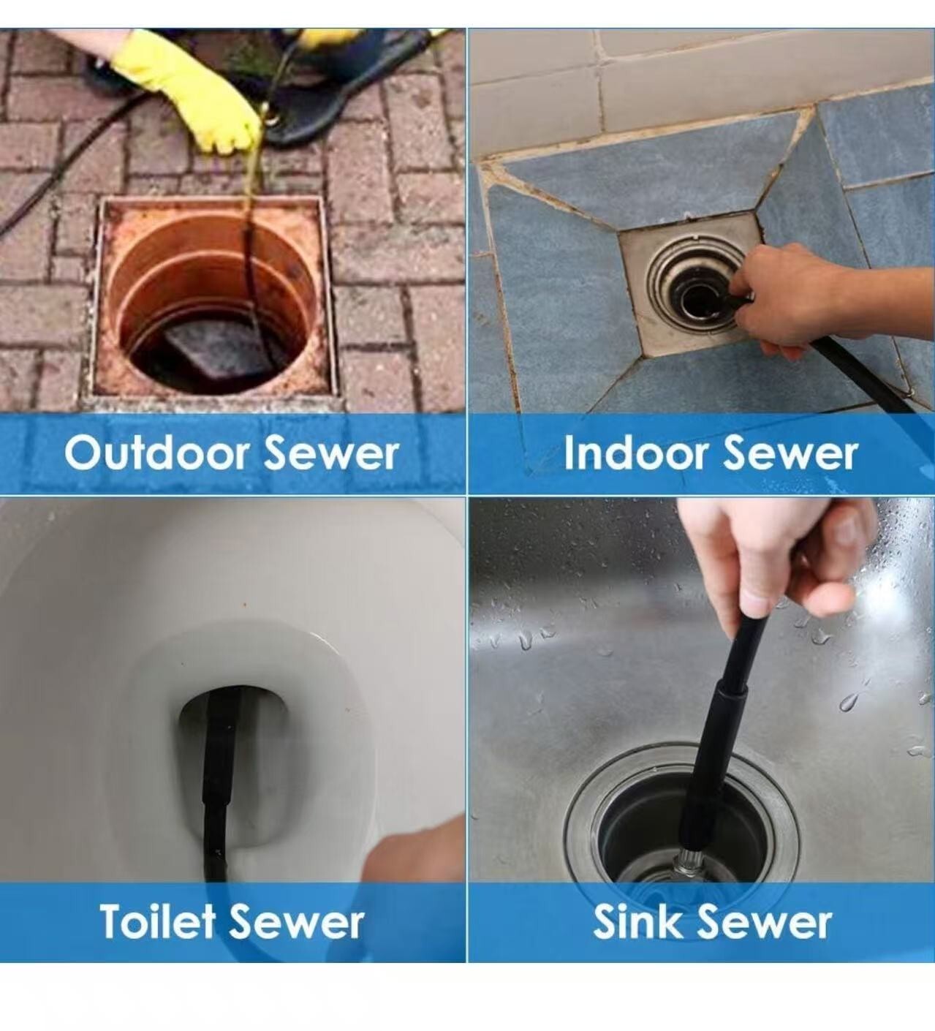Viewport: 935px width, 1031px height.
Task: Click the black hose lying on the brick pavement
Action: pos(61,154)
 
